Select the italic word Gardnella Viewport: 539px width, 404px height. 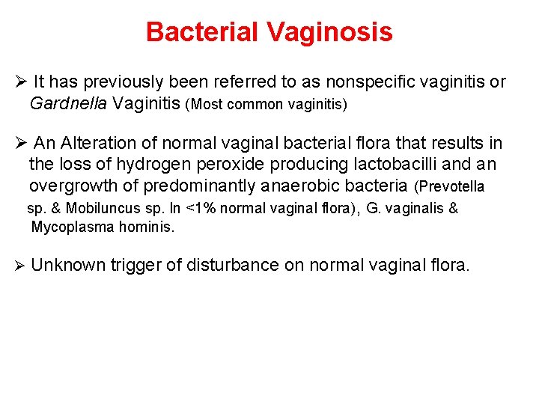(70, 103)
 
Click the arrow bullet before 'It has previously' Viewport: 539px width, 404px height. (21, 82)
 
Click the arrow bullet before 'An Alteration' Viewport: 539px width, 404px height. (21, 144)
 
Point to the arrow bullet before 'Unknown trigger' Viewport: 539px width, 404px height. (21, 265)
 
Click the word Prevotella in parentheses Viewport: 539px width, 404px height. (454, 186)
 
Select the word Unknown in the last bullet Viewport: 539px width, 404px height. (69, 265)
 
